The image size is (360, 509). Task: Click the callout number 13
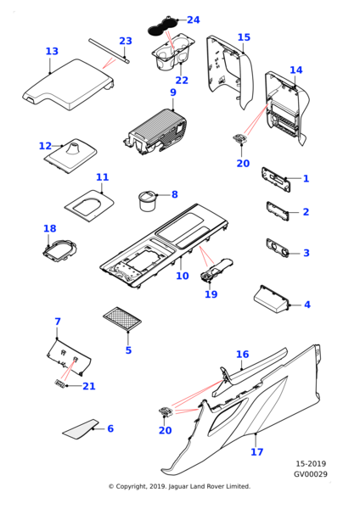point(52,51)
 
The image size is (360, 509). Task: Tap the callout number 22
point(182,81)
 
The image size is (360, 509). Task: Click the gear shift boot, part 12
point(70,156)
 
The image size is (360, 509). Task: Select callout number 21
point(88,386)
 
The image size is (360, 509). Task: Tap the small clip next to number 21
point(59,383)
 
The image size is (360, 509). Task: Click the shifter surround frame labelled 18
point(60,250)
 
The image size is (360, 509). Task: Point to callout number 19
point(211,294)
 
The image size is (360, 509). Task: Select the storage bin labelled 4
point(271,299)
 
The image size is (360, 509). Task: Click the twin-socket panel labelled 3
point(277,249)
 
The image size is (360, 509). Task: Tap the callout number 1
point(306,178)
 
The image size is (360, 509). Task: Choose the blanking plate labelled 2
point(278,211)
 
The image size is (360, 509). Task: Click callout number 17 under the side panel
point(256,451)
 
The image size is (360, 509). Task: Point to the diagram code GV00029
point(311,474)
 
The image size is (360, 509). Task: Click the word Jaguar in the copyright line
point(178,486)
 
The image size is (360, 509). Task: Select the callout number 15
point(244,37)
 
